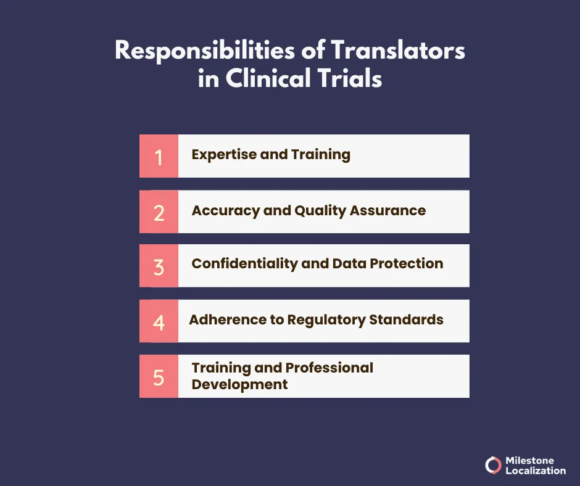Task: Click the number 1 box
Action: (x=159, y=156)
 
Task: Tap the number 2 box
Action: (x=159, y=212)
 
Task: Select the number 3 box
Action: (x=159, y=266)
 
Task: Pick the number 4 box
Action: (x=159, y=321)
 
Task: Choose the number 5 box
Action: (x=159, y=376)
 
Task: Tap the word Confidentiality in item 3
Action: (x=244, y=264)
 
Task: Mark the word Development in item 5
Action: (x=239, y=384)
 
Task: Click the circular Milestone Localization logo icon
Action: (x=493, y=465)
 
